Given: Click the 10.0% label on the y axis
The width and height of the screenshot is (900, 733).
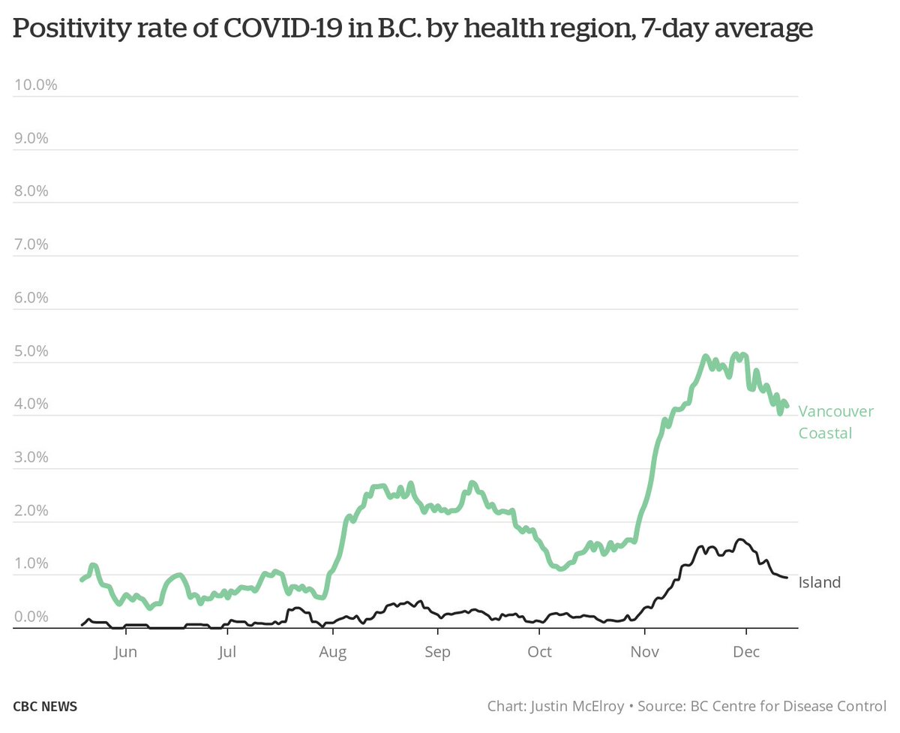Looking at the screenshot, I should point(36,84).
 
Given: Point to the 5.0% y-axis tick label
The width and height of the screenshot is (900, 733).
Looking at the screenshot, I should point(32,351).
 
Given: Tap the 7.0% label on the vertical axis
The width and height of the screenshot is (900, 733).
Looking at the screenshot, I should point(32,245).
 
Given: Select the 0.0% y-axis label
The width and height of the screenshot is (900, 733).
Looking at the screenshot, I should point(32,617).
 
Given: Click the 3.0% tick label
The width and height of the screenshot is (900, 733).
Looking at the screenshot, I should point(32,458).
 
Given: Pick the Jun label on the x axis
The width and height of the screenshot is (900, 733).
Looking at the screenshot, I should point(125,652).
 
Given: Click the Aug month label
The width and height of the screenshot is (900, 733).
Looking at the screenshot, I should point(333,652).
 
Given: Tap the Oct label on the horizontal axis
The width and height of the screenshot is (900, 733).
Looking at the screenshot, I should point(539,652).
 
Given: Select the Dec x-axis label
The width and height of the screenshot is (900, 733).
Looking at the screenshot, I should point(746,652).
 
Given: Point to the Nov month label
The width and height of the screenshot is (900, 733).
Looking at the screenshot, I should point(644,652).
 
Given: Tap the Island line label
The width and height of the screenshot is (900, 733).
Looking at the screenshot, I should point(819,582).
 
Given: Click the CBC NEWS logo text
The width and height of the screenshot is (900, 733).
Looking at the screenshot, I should point(45,707).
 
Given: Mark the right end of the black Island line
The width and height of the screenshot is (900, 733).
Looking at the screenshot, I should point(787,577).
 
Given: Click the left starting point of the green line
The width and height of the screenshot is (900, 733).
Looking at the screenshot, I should point(81,579).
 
